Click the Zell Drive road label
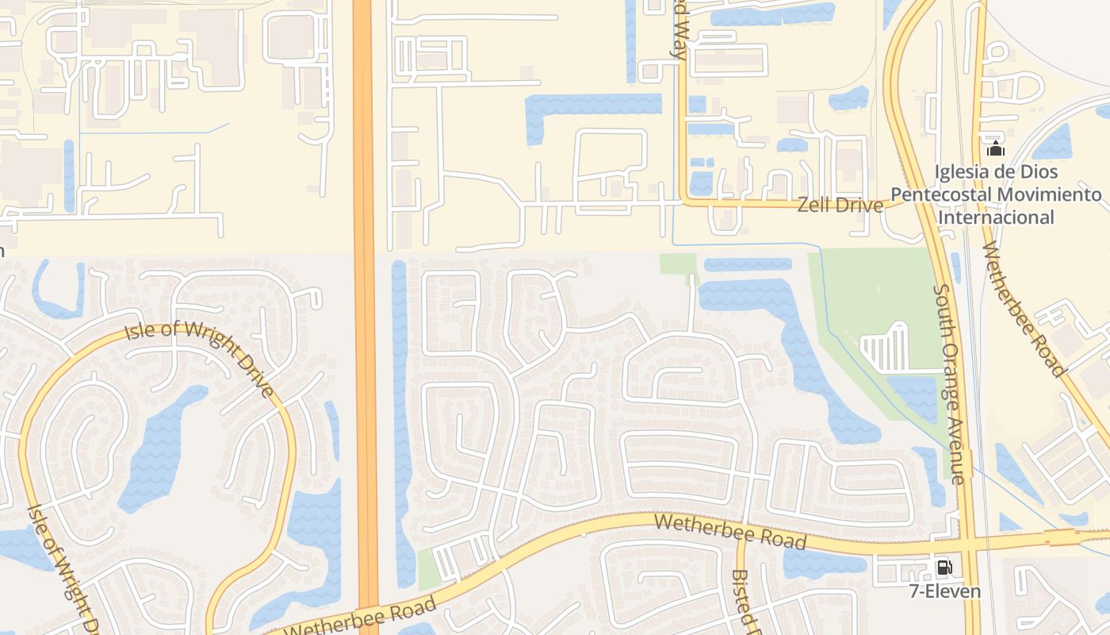(x=840, y=205)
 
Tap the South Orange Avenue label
(x=948, y=384)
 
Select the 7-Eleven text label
(x=944, y=591)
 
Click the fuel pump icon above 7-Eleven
(x=944, y=568)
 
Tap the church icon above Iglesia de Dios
(x=995, y=148)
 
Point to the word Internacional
(x=996, y=217)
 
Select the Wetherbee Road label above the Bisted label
(x=730, y=532)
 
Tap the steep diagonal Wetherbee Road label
(x=1023, y=309)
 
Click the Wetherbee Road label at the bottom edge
(x=360, y=618)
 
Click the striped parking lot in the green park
(x=886, y=350)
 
